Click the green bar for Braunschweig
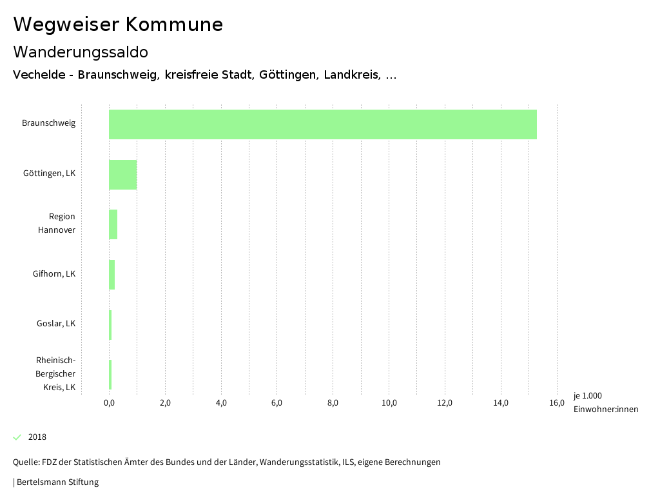(x=322, y=124)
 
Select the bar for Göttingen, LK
(x=122, y=174)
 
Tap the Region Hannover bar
(x=113, y=224)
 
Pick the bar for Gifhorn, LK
(x=112, y=275)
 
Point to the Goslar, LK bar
(x=110, y=325)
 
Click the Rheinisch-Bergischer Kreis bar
(x=110, y=375)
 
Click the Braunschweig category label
(x=48, y=123)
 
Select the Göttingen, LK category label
(x=49, y=173)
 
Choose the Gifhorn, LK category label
(x=54, y=274)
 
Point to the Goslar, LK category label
(x=56, y=324)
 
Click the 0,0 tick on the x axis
(x=109, y=404)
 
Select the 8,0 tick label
(x=333, y=404)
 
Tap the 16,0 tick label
(x=557, y=404)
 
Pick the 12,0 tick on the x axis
(x=445, y=404)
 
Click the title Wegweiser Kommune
(x=118, y=25)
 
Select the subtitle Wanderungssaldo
(x=81, y=52)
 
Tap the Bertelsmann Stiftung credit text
(x=57, y=482)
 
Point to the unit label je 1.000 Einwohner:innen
(x=605, y=402)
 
